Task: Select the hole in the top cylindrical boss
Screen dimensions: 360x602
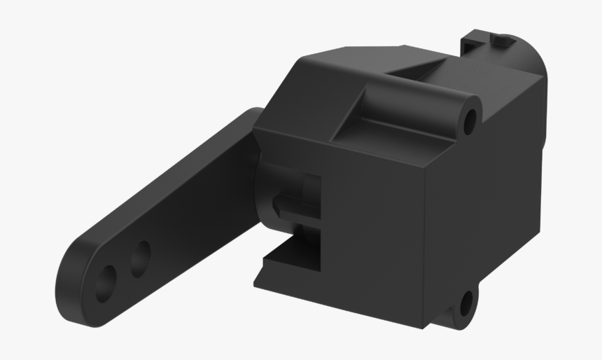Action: click(470, 120)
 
